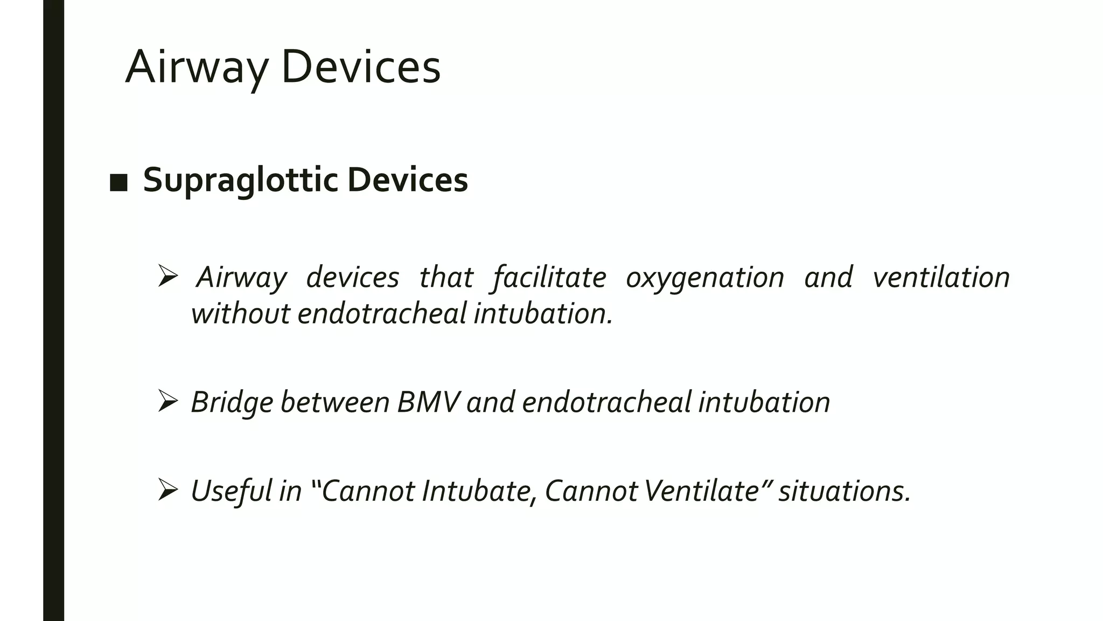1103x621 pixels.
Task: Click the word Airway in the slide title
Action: [196, 67]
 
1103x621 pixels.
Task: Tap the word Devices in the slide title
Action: [360, 67]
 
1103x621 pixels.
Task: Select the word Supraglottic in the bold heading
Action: [240, 180]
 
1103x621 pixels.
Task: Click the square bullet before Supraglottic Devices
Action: [118, 183]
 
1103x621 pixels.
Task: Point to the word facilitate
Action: [549, 277]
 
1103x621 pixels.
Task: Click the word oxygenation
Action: [704, 277]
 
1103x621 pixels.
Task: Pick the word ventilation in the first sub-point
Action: [941, 277]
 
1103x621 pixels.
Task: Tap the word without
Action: [240, 314]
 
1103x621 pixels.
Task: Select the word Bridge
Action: [232, 402]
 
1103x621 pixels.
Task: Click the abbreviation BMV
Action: [428, 402]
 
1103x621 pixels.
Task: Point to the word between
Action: [334, 402]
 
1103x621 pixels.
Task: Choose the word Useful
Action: [231, 491]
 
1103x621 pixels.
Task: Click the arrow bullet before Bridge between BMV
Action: [168, 402]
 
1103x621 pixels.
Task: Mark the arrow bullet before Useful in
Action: [168, 490]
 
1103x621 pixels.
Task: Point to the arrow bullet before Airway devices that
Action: [168, 277]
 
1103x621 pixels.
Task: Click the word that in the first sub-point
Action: [446, 277]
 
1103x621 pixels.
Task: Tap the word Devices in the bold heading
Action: [407, 180]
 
